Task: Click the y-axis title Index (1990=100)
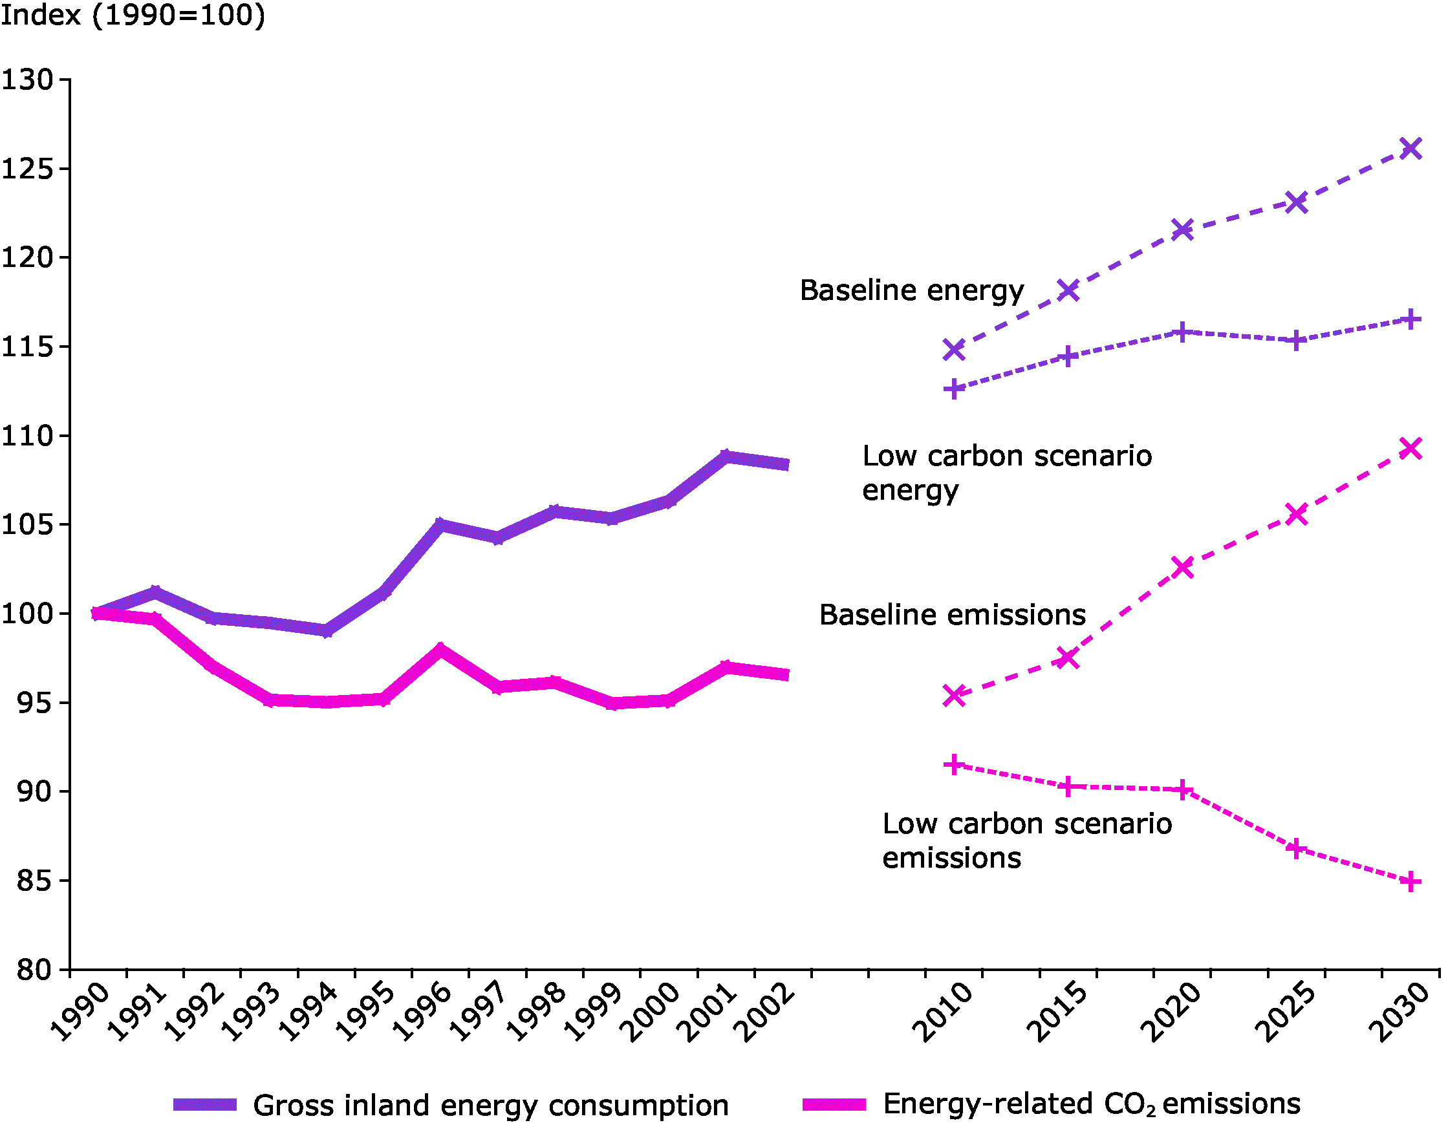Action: pos(133,15)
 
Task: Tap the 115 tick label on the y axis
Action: pos(27,347)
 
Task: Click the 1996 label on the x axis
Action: pos(422,1012)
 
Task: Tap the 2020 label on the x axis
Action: pos(1171,1012)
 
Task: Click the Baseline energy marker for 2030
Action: pos(1410,148)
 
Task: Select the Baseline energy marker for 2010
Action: pos(953,349)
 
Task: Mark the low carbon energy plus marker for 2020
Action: pos(1182,332)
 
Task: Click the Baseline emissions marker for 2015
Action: pos(1068,658)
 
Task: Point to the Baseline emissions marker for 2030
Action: pos(1410,449)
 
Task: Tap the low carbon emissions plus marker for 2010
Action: pos(953,764)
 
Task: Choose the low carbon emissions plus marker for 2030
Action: pos(1410,882)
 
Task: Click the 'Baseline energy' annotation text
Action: pos(912,291)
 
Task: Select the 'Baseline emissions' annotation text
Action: pos(952,615)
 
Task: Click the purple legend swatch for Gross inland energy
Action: pos(205,1104)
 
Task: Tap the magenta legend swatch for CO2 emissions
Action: pos(834,1104)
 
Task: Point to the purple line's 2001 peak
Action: pos(726,456)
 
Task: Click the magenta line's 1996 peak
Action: pos(440,649)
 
